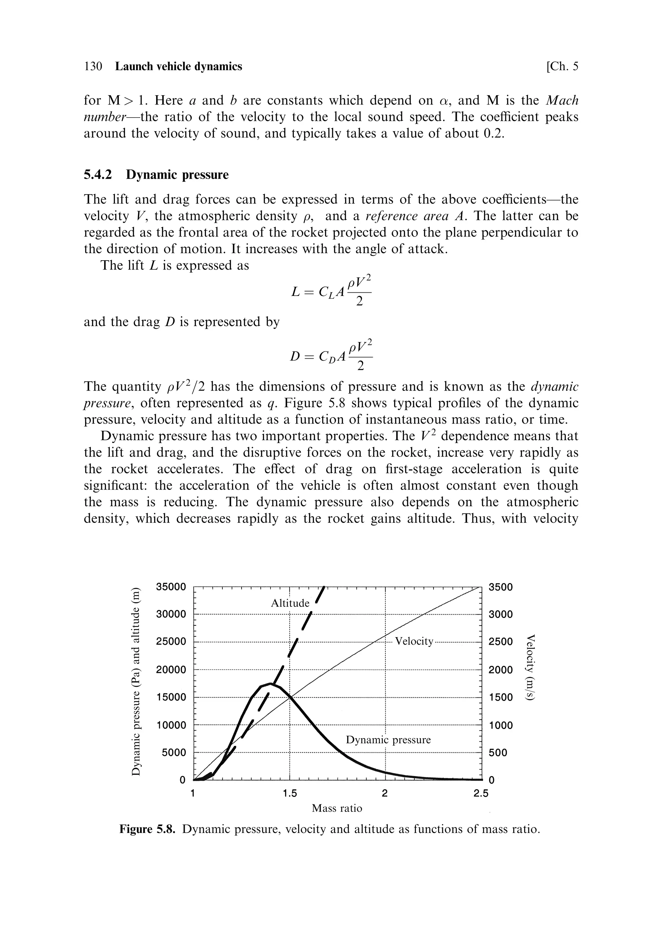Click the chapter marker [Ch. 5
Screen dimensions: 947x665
coord(562,66)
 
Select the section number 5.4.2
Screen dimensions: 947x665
coord(98,175)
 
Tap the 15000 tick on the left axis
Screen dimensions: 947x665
coord(171,697)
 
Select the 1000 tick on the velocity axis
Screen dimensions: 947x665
coord(500,725)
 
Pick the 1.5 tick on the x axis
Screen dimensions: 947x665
coord(290,793)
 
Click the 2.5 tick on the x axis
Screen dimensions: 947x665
coord(481,793)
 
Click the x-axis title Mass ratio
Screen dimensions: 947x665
coord(337,808)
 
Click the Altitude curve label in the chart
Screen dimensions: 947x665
coord(290,603)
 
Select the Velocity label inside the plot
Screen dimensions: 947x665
coord(414,641)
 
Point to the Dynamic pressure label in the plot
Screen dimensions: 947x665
coord(388,739)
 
